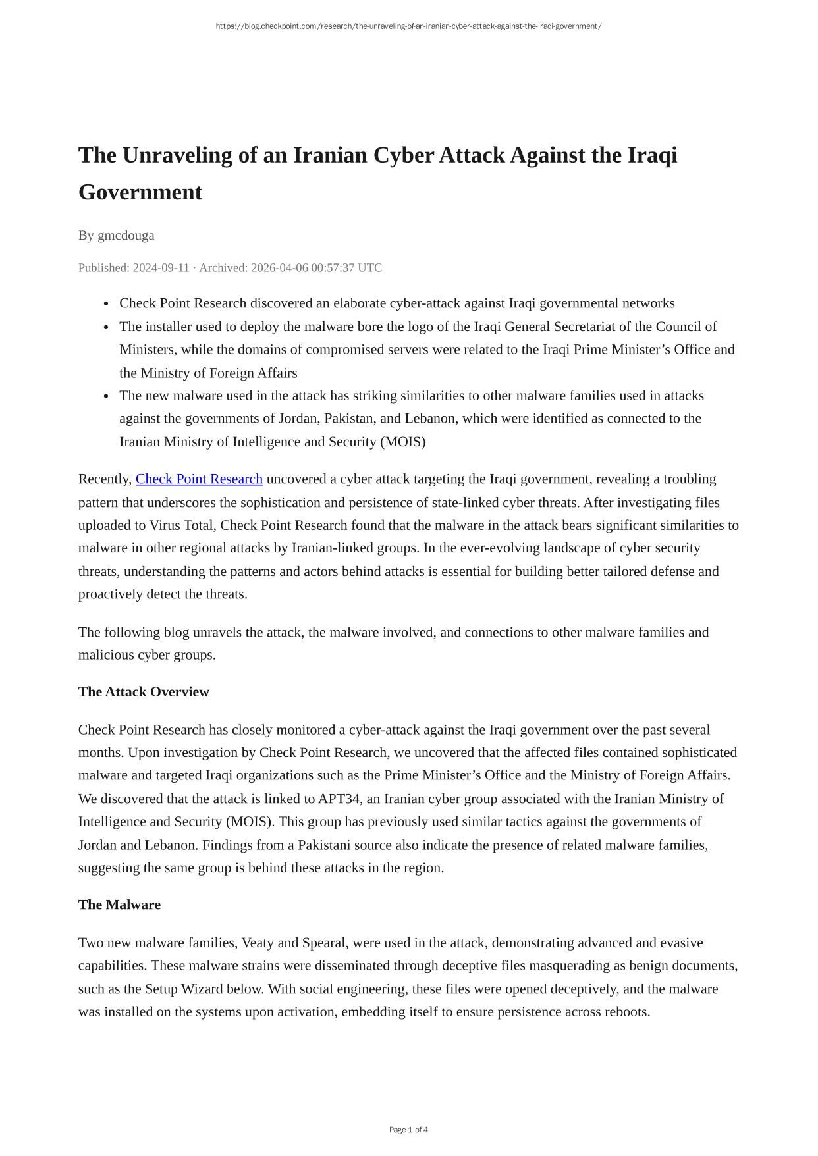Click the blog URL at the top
pyautogui.click(x=408, y=26)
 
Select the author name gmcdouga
pyautogui.click(x=126, y=236)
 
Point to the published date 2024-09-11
pyautogui.click(x=161, y=268)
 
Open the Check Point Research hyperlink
pyautogui.click(x=199, y=479)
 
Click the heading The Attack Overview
pyautogui.click(x=144, y=692)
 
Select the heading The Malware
pyautogui.click(x=119, y=905)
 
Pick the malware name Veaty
pyautogui.click(x=258, y=943)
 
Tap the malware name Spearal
pyautogui.click(x=323, y=943)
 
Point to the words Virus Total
pyautogui.click(x=181, y=525)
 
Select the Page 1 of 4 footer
pyautogui.click(x=408, y=1130)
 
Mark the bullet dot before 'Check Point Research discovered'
pyautogui.click(x=106, y=304)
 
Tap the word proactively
pyautogui.click(x=110, y=594)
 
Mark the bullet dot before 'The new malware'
pyautogui.click(x=106, y=396)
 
